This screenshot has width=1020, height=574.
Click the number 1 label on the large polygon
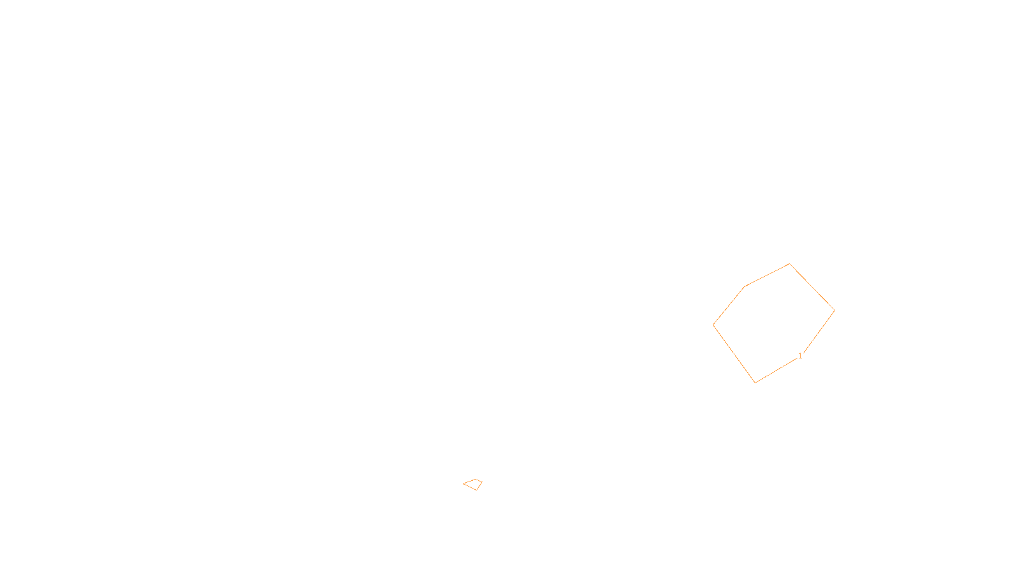pos(800,356)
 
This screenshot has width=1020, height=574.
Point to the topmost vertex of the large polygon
pos(790,263)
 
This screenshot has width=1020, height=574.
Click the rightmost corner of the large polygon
pos(834,311)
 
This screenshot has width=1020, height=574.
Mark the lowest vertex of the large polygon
pos(755,383)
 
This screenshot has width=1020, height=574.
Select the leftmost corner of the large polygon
pos(713,325)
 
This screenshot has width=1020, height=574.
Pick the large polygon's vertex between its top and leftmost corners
pos(745,287)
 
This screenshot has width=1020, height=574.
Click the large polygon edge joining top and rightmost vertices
pos(812,287)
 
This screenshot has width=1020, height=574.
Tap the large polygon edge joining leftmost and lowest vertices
pos(734,354)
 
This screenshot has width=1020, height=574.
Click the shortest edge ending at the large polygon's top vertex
pos(767,276)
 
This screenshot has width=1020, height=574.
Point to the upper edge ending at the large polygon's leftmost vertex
pos(729,306)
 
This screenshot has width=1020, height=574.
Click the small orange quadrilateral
pos(473,485)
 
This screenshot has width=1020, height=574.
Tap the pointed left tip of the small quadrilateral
pos(463,484)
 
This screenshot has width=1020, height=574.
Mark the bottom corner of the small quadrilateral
pos(477,490)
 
